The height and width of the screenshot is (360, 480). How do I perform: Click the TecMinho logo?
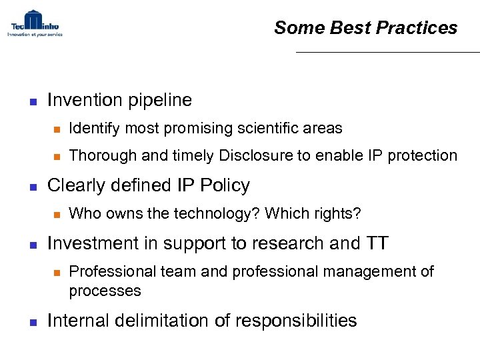click(35, 23)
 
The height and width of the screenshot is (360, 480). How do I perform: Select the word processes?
click(105, 291)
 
